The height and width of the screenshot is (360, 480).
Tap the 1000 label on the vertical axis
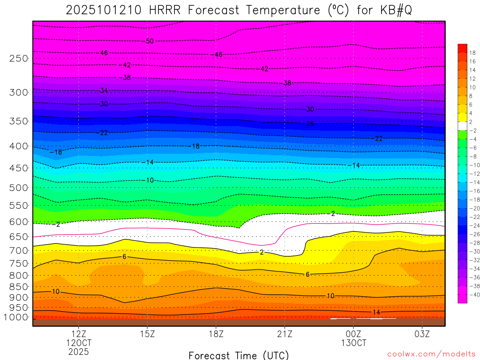tap(16, 317)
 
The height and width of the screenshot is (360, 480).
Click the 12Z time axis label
tap(78, 334)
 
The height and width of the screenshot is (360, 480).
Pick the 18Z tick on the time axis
tap(216, 334)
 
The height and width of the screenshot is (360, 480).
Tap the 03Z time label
tap(422, 334)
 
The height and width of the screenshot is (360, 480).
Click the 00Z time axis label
tap(353, 334)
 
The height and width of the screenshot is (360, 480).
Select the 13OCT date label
tap(353, 343)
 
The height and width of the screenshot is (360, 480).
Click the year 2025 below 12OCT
tap(78, 352)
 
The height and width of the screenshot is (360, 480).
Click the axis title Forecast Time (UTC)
tap(239, 355)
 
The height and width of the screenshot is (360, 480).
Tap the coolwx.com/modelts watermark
tap(431, 353)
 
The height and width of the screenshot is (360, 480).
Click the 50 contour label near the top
tap(150, 41)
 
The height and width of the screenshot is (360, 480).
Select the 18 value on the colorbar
tap(472, 52)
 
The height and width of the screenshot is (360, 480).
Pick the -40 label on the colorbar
tap(472, 295)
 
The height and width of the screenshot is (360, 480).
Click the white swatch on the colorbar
tap(462, 126)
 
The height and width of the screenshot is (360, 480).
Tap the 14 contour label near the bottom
tap(376, 312)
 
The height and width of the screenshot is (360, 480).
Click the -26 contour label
tap(310, 124)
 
